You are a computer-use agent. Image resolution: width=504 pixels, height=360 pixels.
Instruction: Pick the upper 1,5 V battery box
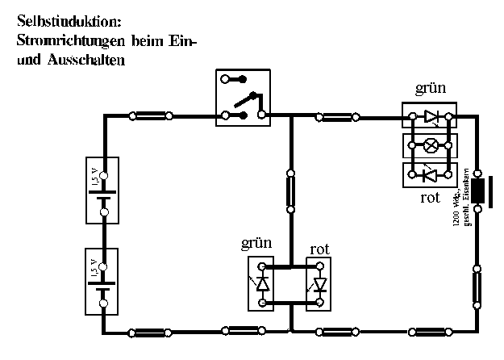tap(102, 190)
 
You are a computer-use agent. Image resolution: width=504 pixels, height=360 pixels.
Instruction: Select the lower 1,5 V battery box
tap(102, 280)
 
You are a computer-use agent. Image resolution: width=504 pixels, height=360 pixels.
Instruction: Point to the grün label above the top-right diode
tap(429, 90)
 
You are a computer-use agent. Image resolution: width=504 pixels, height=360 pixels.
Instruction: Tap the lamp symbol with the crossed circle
tap(431, 146)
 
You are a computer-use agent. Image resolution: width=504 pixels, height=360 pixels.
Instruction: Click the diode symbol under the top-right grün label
tap(431, 118)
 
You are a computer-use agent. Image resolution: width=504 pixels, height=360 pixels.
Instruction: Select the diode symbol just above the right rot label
tap(431, 174)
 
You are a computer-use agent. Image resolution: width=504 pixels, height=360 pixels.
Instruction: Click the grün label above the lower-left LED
tap(256, 244)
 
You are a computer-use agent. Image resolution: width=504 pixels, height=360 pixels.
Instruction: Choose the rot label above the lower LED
tap(319, 249)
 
